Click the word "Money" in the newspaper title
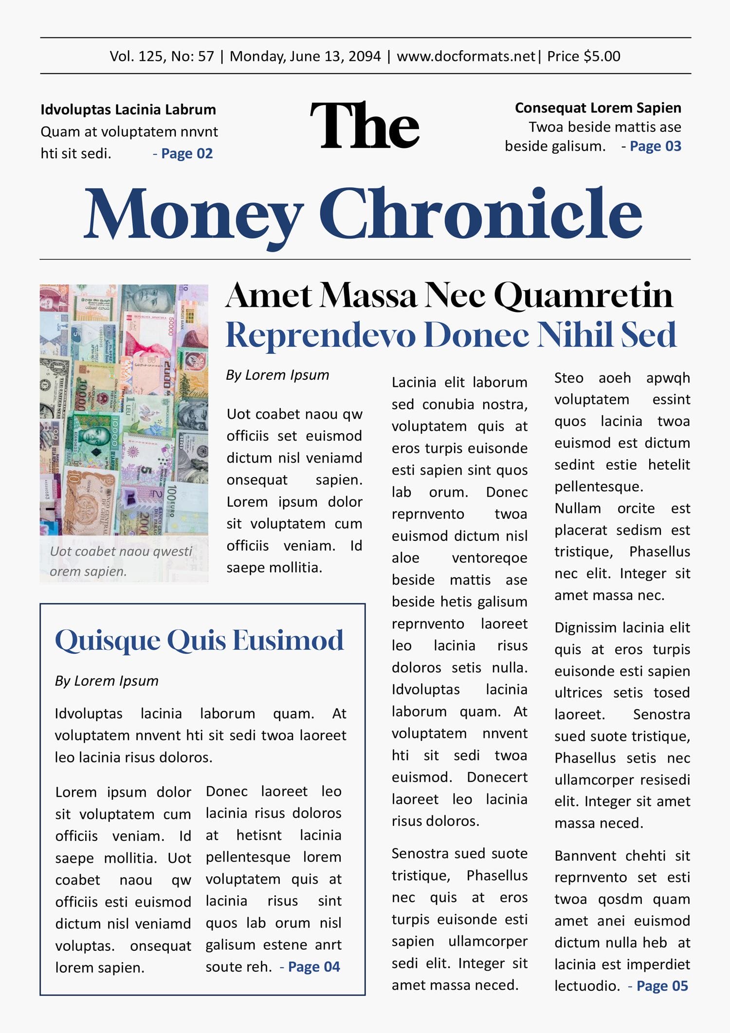(193, 215)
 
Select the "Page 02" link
(187, 154)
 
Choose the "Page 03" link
(655, 147)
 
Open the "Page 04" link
(314, 967)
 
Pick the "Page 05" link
(662, 986)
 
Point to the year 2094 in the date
(365, 56)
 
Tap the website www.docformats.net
(466, 56)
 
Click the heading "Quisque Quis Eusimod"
(199, 640)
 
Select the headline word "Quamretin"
(583, 295)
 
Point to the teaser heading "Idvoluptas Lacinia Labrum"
(128, 110)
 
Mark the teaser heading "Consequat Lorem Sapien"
(598, 108)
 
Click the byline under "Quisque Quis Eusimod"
(107, 681)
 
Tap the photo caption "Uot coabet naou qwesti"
(121, 552)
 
